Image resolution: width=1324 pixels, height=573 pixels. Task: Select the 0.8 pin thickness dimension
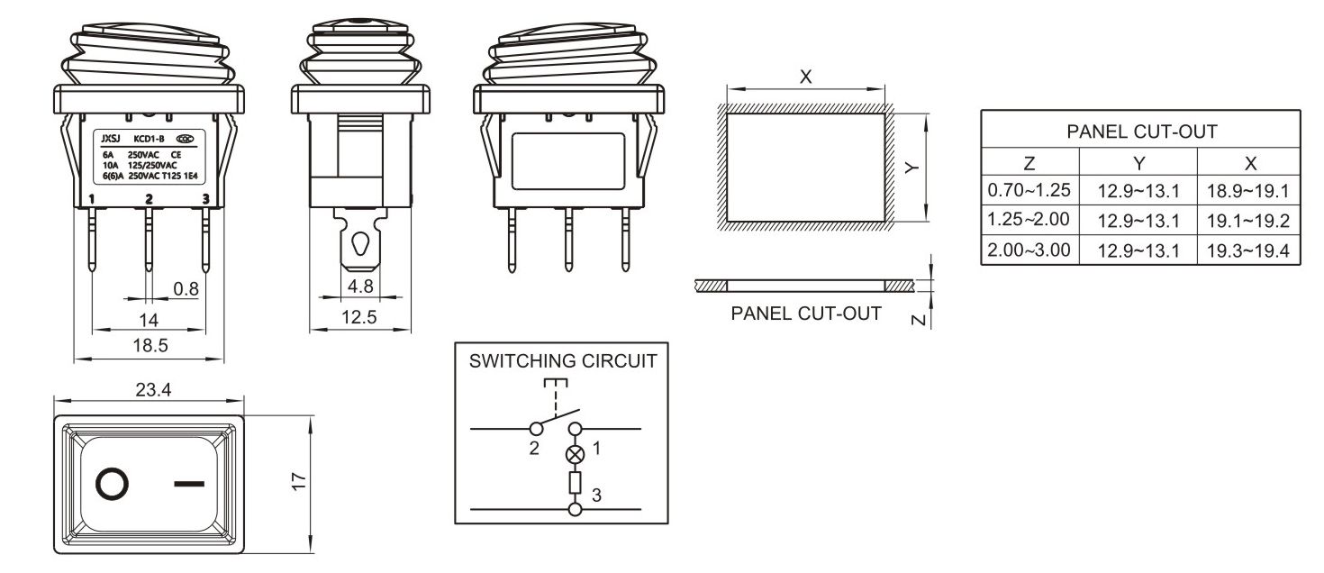[186, 289]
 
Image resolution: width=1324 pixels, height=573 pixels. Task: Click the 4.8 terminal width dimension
[360, 286]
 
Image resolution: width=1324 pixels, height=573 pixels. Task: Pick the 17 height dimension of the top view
[301, 483]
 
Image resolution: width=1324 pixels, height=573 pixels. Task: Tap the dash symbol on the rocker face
[188, 484]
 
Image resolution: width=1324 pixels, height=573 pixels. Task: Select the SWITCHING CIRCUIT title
[563, 361]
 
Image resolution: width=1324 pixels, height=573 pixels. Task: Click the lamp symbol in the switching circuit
[575, 454]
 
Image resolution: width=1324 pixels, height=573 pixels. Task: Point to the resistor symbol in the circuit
[575, 484]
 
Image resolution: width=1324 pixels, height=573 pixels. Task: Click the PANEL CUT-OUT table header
[1141, 132]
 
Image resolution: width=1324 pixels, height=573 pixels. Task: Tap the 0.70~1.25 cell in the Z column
[1029, 191]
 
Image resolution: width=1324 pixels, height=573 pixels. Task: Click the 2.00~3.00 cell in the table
[1029, 250]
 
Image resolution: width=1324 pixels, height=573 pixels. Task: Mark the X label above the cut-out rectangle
[806, 77]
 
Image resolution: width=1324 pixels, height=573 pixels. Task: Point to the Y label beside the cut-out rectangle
[911, 168]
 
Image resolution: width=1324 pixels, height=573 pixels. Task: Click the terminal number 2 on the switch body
[150, 198]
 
